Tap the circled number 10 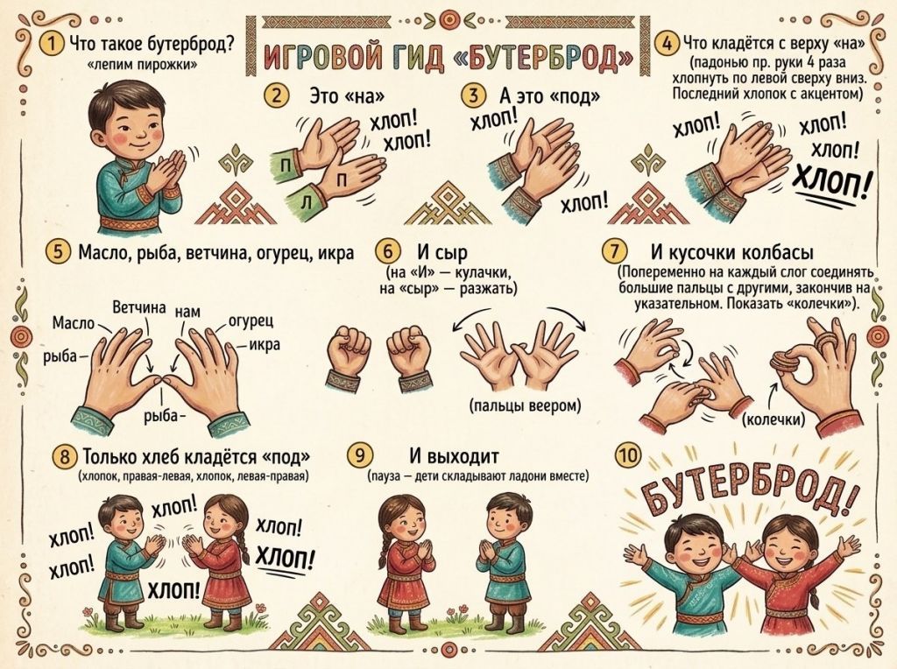tap(627, 455)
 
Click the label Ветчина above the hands tap(139, 307)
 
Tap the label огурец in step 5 tap(250, 321)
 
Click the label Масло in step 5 tap(74, 323)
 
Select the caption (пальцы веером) tap(525, 406)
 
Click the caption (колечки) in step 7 tap(774, 420)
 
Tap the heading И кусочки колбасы tap(732, 251)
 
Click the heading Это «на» tap(347, 95)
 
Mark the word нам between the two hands tap(187, 313)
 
